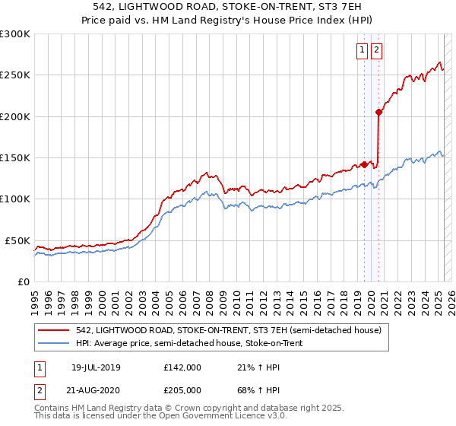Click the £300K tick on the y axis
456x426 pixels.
coord(15,34)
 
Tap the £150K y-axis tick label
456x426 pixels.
coord(15,157)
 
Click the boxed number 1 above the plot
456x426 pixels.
coord(363,51)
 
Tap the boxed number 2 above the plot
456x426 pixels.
coord(377,51)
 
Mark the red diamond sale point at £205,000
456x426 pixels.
coord(378,113)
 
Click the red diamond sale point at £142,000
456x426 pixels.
coord(364,164)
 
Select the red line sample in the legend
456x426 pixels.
coord(52,330)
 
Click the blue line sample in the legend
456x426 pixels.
coord(52,343)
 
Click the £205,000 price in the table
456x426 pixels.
coord(182,389)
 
